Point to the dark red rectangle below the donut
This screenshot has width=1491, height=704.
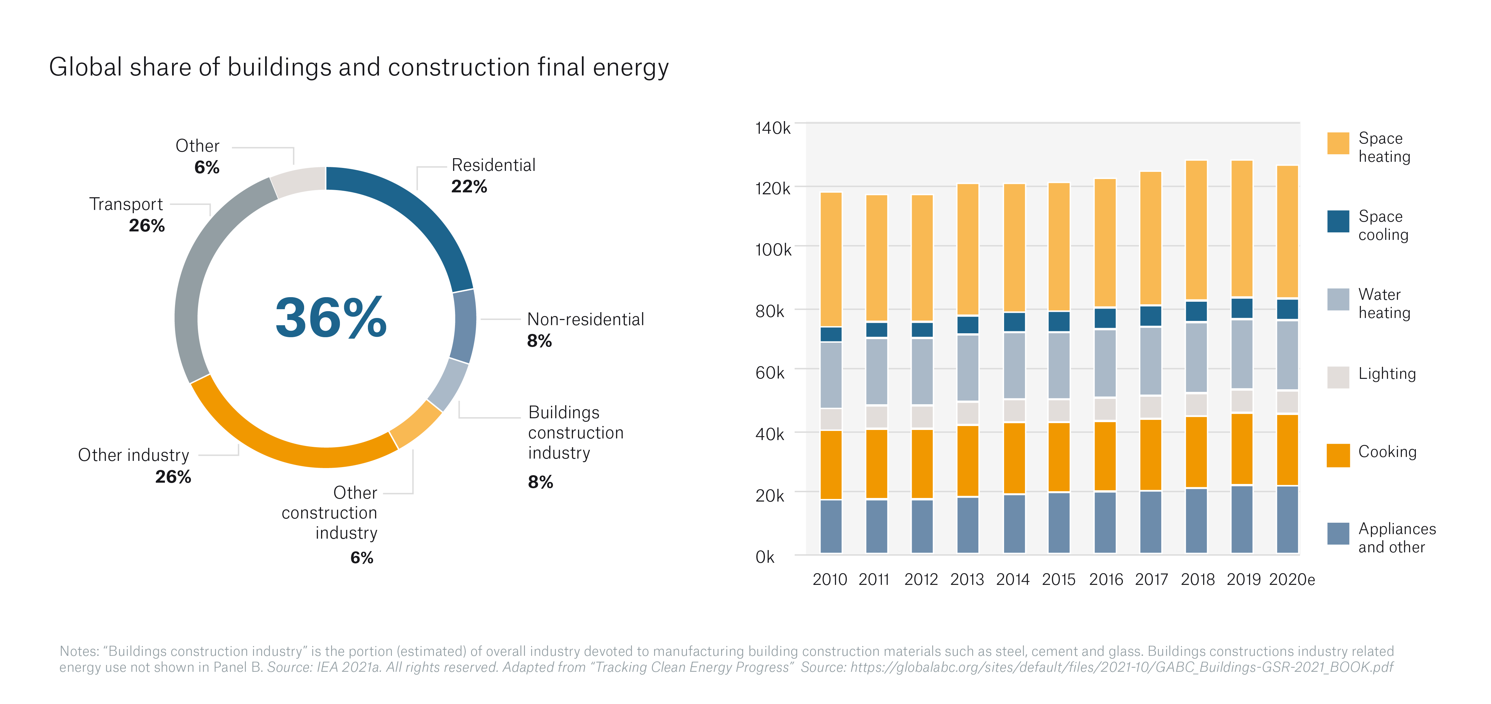[x=240, y=515]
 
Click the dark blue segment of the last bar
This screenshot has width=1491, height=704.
[x=1287, y=309]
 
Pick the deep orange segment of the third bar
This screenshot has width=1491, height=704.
[x=922, y=464]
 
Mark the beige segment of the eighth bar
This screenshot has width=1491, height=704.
[x=1151, y=407]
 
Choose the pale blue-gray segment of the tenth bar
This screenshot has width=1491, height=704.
[x=1242, y=354]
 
